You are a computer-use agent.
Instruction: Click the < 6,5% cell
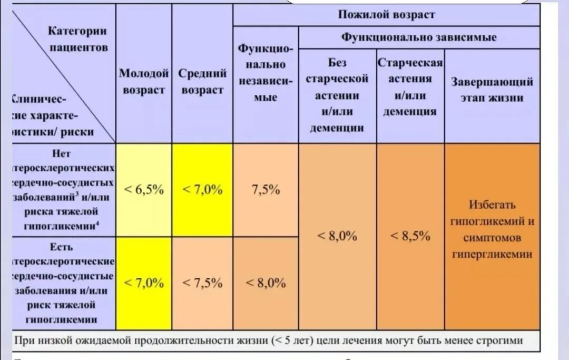143,190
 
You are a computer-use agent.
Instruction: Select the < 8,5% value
410,236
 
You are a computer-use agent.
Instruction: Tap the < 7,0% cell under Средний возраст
202,190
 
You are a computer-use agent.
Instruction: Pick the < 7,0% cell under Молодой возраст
143,283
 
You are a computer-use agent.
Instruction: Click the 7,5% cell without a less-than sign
266,190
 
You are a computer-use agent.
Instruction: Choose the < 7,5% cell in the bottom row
202,283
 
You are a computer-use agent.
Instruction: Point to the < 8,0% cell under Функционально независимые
266,283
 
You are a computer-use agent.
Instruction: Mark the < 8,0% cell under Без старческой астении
337,236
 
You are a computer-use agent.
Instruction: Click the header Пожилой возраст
386,15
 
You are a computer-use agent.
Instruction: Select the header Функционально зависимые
419,37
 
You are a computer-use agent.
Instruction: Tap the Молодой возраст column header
143,82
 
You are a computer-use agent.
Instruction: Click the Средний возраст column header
202,82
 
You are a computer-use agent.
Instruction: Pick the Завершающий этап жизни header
492,90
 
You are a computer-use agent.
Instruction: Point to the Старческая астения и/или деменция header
410,87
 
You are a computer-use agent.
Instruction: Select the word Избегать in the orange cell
492,205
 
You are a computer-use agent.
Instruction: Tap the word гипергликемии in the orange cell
492,254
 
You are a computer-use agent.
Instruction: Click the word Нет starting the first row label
62,153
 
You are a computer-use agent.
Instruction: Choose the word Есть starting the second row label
62,247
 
